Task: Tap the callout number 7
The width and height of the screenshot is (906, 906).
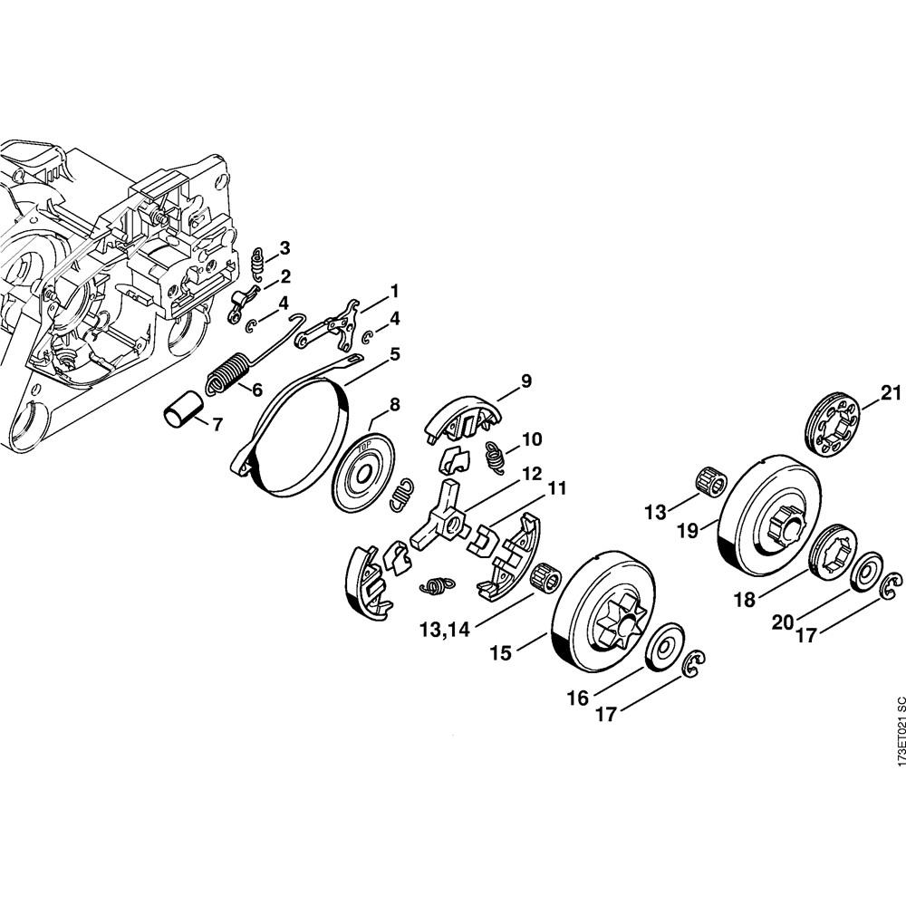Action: (x=216, y=424)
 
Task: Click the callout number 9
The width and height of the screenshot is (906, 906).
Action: (x=526, y=381)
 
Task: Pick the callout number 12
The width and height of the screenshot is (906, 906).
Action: (x=530, y=472)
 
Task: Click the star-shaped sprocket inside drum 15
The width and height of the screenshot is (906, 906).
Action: (x=619, y=617)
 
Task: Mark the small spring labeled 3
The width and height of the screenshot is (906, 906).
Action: (x=257, y=262)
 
